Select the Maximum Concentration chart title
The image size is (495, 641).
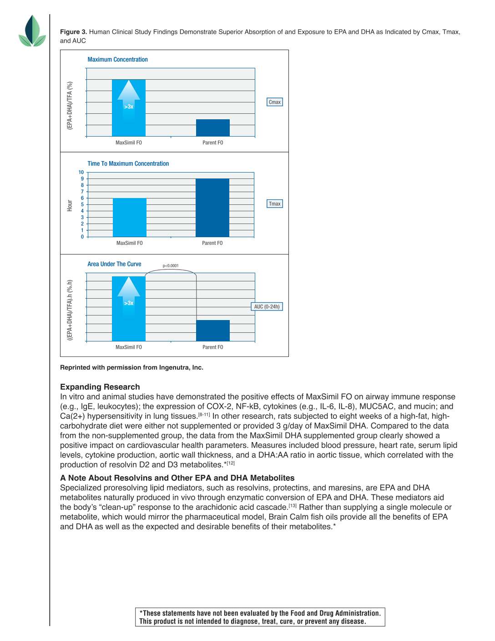[117, 60]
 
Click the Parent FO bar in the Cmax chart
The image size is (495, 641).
[212, 127]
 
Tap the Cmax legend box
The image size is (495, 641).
[274, 102]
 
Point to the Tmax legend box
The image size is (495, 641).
[274, 203]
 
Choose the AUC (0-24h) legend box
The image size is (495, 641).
[267, 306]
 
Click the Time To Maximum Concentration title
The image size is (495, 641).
[128, 163]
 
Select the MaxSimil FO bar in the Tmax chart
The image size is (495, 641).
[129, 217]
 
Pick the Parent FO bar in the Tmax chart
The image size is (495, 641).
[212, 208]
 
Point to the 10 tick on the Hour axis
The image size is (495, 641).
[81, 172]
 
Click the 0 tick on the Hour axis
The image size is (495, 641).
[82, 237]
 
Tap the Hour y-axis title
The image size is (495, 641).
[70, 205]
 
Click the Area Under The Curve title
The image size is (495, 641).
[114, 264]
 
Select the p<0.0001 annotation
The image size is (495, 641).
[171, 265]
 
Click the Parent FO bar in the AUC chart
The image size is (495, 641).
[212, 331]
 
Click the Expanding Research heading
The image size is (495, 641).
[100, 387]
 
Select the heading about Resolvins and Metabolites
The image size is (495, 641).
[177, 478]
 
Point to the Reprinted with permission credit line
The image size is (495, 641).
[131, 367]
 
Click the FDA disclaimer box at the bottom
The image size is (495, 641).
[260, 617]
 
